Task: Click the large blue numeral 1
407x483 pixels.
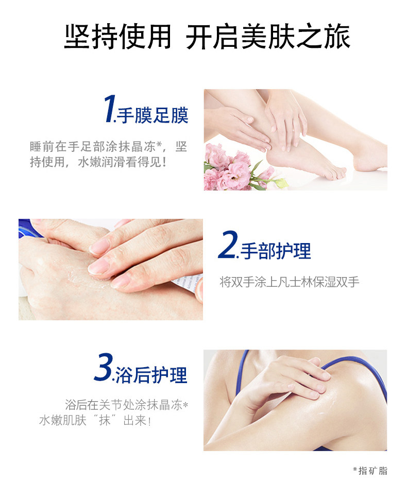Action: [x=109, y=109]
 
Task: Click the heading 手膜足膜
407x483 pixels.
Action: [x=152, y=115]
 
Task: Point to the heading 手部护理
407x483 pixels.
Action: [x=276, y=251]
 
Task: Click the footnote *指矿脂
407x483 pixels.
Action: [x=370, y=470]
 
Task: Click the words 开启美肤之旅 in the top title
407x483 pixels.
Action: [x=268, y=37]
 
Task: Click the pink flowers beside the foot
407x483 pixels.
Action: [x=227, y=167]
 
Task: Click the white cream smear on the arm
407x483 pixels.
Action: [x=330, y=407]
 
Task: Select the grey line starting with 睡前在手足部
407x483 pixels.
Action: [x=108, y=147]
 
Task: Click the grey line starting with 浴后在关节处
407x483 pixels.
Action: [x=126, y=405]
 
